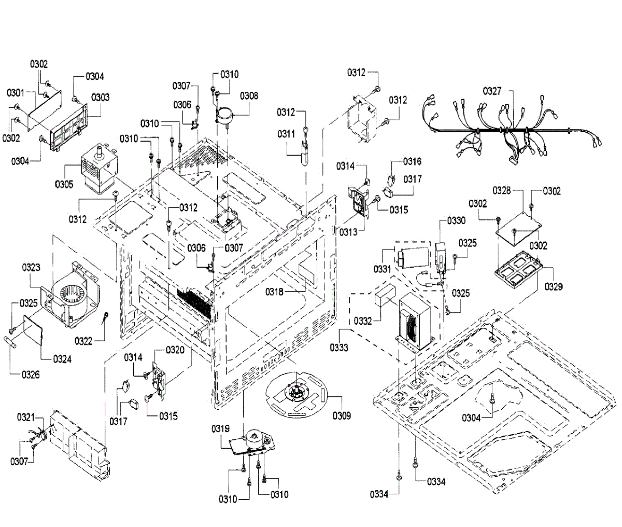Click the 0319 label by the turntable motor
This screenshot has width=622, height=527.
[x=220, y=428]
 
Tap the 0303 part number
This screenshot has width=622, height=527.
[x=100, y=97]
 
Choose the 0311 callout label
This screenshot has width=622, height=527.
[x=286, y=134]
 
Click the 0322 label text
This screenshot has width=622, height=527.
[x=83, y=341]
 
